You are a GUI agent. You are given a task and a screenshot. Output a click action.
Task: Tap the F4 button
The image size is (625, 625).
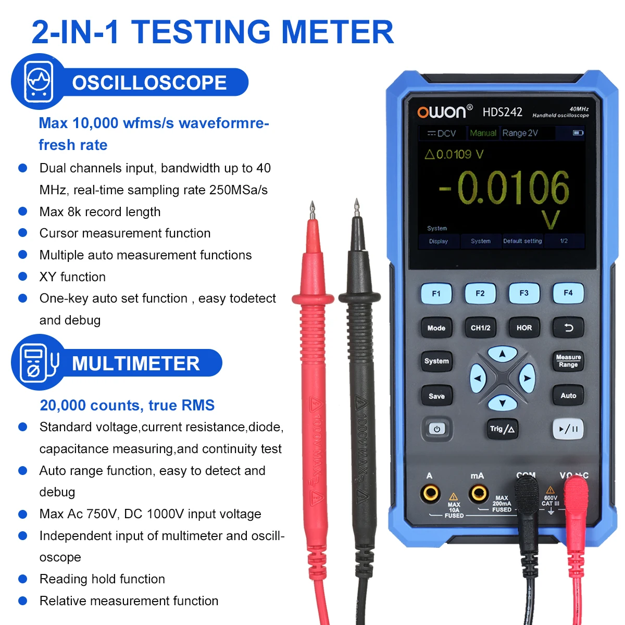(x=568, y=293)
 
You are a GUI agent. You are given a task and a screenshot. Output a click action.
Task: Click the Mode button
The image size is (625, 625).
(x=436, y=328)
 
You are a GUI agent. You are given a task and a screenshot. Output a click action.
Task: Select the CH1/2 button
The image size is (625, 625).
(x=480, y=328)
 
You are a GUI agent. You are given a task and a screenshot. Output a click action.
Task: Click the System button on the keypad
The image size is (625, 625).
(x=436, y=361)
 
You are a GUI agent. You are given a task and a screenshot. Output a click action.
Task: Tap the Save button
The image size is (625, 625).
(x=436, y=396)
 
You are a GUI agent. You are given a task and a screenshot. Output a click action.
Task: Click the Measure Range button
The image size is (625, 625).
(x=568, y=361)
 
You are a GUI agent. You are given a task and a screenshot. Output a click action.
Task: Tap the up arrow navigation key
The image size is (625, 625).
(x=502, y=354)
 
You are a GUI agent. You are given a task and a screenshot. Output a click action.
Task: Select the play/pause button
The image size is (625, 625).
(x=568, y=429)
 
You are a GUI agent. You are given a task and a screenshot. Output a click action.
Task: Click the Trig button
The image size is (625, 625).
(x=502, y=429)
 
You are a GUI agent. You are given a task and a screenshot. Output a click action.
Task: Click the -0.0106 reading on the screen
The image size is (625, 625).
(x=504, y=188)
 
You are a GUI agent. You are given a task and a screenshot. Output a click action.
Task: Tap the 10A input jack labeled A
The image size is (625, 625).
(x=430, y=493)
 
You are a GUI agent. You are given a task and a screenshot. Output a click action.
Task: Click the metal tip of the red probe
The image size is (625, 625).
(x=312, y=210)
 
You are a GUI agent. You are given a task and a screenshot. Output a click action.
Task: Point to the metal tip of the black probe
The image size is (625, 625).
(x=356, y=208)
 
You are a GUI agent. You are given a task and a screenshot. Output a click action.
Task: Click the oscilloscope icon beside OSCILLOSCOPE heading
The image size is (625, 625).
(x=39, y=82)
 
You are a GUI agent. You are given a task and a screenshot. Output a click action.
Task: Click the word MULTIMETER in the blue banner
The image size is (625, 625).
(x=135, y=364)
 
